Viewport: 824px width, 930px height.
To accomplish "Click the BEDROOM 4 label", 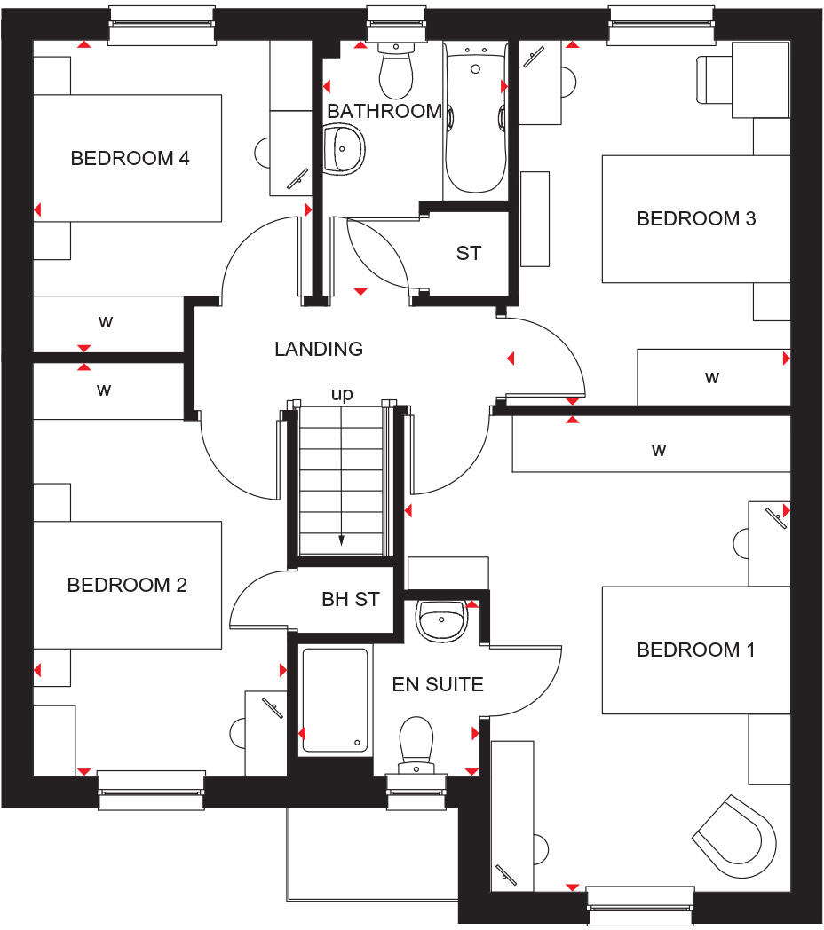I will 130,159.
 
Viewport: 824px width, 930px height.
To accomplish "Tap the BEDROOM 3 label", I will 696,218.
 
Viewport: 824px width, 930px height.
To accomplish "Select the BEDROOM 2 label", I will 127,586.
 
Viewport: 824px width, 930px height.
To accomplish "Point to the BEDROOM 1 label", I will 696,650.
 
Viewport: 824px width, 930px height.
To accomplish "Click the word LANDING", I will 319,350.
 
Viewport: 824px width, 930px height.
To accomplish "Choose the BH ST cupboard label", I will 350,599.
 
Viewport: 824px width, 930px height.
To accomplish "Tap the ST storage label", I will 469,253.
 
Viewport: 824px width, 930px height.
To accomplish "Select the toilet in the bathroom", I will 395,71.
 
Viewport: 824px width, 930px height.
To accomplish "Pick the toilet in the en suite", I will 416,741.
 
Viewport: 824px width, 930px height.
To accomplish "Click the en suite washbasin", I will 441,618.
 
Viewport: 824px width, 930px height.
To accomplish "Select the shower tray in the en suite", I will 335,700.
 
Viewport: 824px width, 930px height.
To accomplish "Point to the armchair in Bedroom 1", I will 736,839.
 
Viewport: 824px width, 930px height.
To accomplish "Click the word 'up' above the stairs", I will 342,394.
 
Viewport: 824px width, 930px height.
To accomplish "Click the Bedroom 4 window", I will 162,25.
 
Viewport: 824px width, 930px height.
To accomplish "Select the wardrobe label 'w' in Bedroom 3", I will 712,377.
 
